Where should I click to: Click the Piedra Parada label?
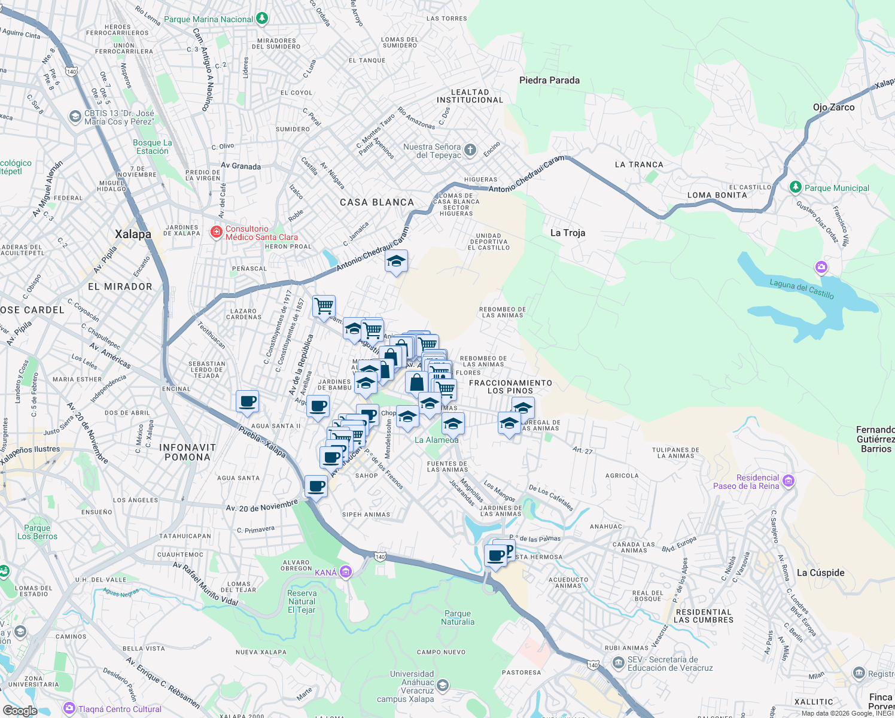tap(549, 80)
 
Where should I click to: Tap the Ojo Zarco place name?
tap(833, 107)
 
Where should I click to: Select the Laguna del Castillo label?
tap(801, 290)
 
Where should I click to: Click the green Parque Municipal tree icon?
tap(795, 187)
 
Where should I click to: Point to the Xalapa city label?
tap(133, 234)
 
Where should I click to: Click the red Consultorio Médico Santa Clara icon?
tap(217, 232)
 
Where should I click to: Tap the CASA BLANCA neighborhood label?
tap(377, 202)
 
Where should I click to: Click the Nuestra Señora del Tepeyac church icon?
tap(470, 150)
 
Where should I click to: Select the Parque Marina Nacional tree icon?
tap(262, 19)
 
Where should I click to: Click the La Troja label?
tap(567, 233)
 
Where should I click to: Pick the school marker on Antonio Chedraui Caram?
tap(396, 261)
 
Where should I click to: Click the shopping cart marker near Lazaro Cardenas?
tap(324, 306)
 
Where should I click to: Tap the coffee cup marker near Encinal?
tap(247, 401)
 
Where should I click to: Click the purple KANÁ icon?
tap(346, 572)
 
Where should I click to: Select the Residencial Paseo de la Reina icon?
tap(789, 481)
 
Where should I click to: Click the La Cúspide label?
tap(820, 573)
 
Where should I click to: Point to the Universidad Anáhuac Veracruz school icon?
tap(443, 686)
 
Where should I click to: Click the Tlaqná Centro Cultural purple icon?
tap(69, 709)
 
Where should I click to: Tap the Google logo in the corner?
tap(20, 710)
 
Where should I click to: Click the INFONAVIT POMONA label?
tap(187, 452)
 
